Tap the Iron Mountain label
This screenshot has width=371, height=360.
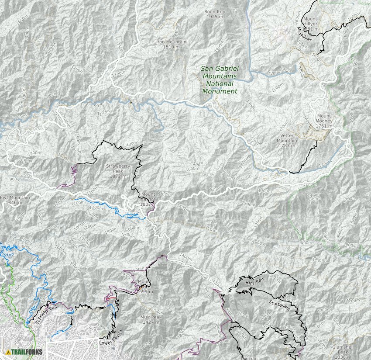(x=171, y=42)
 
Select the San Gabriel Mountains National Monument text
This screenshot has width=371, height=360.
(x=220, y=80)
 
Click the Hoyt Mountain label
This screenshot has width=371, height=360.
(x=14, y=198)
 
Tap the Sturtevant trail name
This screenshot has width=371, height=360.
(x=280, y=305)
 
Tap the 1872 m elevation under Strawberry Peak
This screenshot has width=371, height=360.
(x=118, y=177)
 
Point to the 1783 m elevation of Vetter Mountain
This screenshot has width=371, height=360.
(x=287, y=145)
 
